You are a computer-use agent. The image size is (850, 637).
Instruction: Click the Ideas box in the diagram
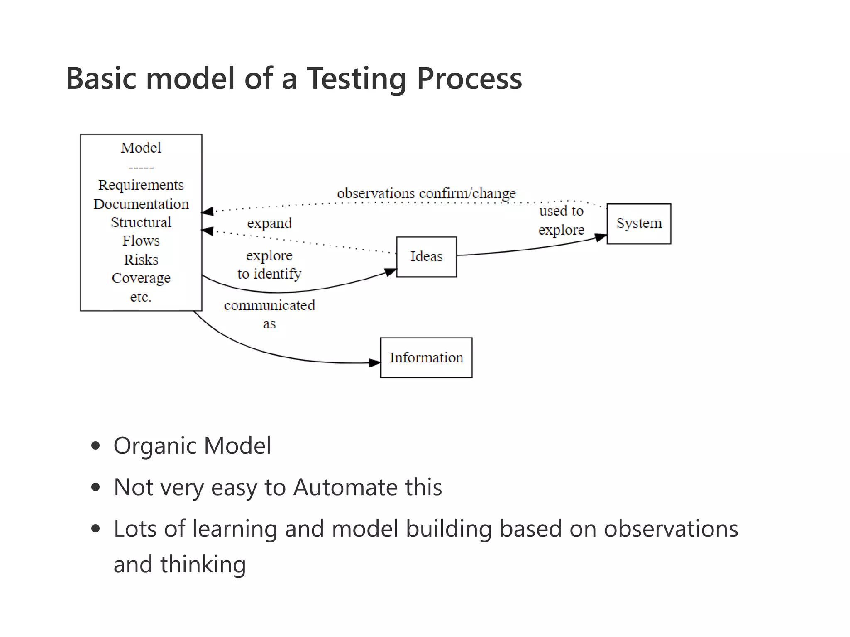coord(426,257)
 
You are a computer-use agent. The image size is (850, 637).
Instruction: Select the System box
coord(638,224)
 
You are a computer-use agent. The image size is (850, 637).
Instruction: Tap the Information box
coord(426,357)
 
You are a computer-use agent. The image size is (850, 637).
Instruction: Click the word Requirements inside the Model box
coord(141,185)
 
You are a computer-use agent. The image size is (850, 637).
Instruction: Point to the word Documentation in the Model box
coord(141,204)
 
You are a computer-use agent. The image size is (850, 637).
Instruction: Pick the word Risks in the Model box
coord(141,260)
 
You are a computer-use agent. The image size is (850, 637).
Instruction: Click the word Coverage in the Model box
coord(141,278)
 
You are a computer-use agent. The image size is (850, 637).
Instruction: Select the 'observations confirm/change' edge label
coord(426,193)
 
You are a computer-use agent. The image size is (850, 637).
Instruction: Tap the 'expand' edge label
coord(269,223)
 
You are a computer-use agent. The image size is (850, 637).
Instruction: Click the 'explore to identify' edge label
coord(269,265)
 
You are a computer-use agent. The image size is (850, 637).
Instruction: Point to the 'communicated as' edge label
coord(269,314)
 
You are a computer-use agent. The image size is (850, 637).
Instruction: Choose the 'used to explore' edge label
coord(561,220)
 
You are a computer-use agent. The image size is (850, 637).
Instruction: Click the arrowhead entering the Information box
coord(374,363)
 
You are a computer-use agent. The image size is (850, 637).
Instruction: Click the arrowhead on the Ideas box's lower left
coord(390,272)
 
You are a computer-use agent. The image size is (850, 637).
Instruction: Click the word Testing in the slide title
coord(357,79)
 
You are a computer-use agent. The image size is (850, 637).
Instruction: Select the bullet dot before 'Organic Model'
coord(95,446)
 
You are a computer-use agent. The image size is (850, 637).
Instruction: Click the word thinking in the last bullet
coord(203,564)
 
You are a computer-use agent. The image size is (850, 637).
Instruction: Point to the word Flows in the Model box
coord(141,241)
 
